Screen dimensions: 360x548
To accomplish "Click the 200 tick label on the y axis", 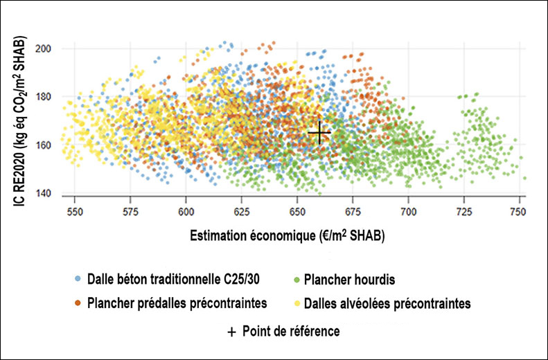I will click(x=46, y=48).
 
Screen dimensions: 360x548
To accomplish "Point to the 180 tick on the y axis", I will click(x=46, y=97).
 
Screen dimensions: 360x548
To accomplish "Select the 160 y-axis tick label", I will click(x=46, y=145).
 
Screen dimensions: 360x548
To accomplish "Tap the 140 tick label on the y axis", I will click(x=46, y=193).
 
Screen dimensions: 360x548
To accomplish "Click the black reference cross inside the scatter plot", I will click(x=319, y=132).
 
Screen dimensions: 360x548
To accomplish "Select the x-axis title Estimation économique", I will click(x=287, y=236).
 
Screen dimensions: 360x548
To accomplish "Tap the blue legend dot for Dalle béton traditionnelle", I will click(x=78, y=280).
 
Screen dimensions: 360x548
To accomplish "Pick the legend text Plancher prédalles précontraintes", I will click(x=177, y=303).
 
